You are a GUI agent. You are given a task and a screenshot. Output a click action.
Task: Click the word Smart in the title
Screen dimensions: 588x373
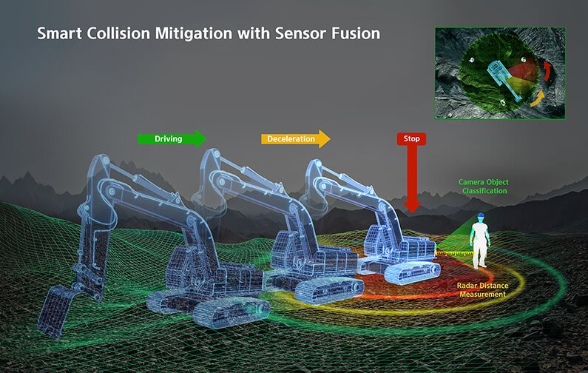(x=59, y=33)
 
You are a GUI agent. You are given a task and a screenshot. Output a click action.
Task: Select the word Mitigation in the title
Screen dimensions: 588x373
(x=194, y=34)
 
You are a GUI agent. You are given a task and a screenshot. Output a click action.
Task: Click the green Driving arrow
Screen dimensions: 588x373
(x=172, y=139)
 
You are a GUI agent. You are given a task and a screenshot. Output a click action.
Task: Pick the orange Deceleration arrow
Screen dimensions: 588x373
(x=296, y=139)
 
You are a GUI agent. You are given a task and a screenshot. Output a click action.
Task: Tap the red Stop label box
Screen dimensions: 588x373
(x=411, y=138)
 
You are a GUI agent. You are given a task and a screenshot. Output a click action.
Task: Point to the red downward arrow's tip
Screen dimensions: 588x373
(x=412, y=212)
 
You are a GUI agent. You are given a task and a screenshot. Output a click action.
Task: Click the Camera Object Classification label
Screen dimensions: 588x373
(x=484, y=186)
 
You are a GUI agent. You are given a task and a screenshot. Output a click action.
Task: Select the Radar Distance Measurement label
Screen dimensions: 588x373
(x=483, y=290)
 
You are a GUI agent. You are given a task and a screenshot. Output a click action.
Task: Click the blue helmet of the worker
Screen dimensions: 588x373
(x=480, y=217)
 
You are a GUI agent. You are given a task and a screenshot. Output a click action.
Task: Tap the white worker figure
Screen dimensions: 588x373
(x=479, y=241)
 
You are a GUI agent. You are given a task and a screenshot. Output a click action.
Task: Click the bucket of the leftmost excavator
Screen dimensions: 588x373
(x=55, y=312)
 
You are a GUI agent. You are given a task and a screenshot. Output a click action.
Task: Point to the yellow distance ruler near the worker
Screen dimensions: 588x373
(x=455, y=254)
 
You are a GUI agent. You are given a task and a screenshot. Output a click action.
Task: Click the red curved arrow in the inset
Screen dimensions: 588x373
(x=548, y=71)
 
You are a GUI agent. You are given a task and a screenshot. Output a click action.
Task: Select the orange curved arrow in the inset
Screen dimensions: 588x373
(x=538, y=98)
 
